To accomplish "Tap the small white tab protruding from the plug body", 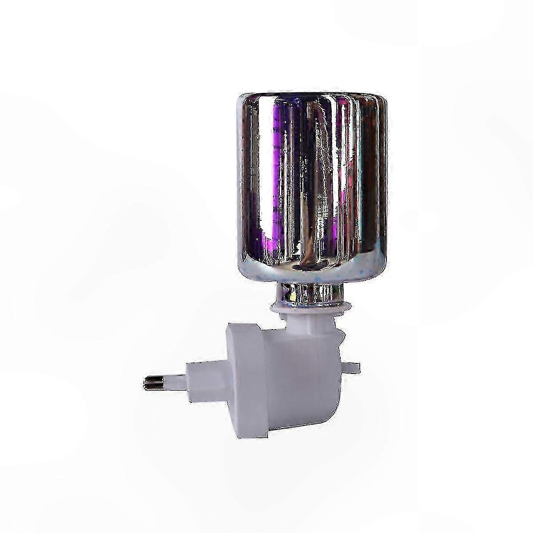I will pos(350,367).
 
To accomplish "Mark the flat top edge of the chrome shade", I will pos(311,95).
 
